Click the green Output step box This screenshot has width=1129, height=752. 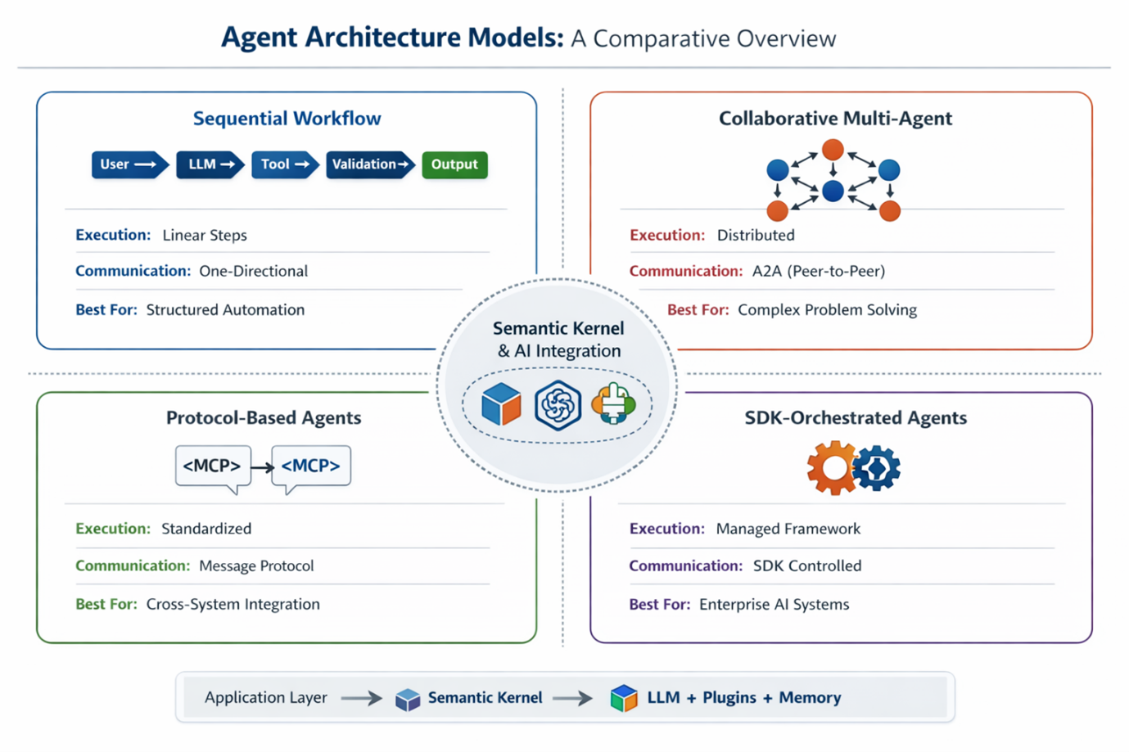(x=454, y=164)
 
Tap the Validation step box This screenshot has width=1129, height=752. (x=369, y=164)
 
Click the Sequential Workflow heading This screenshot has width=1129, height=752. (x=287, y=119)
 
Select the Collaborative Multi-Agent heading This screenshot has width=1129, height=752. (x=835, y=119)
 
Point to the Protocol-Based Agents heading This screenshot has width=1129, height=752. (x=264, y=418)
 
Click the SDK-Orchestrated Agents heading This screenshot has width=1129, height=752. (x=856, y=418)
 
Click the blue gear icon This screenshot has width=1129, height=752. (x=877, y=468)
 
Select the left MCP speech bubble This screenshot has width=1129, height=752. (x=212, y=466)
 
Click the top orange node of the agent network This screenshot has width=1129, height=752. (x=833, y=150)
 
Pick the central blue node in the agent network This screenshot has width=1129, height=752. (x=833, y=191)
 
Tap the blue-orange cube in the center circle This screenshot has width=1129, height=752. (x=501, y=404)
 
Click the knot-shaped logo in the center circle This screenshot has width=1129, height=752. (x=558, y=404)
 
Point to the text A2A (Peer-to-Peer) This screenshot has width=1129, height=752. (x=819, y=271)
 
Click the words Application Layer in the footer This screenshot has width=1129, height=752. (x=265, y=698)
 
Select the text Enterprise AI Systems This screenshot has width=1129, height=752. (x=774, y=605)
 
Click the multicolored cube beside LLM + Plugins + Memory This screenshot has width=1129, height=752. (x=624, y=698)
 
